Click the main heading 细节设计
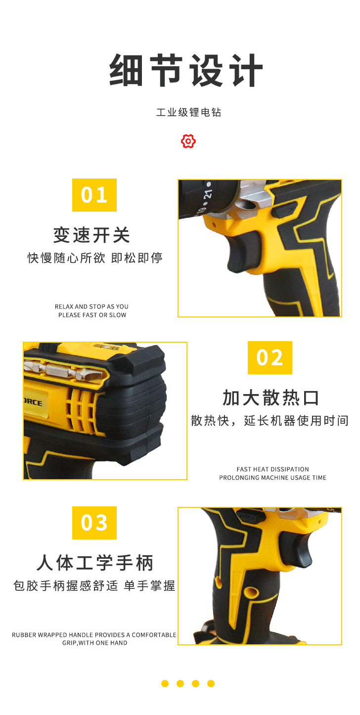186,70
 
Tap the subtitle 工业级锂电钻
188,112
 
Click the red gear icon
188,141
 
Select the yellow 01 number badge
94,195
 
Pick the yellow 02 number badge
270,357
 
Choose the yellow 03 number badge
94,523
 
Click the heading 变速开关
92,235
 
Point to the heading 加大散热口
270,398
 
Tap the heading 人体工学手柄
95,562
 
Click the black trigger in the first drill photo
243,253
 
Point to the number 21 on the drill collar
208,194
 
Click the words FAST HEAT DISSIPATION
272,469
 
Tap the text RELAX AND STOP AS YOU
91,307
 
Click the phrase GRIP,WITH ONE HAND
95,643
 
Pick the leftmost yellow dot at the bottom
165,683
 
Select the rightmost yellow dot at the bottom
211,683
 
